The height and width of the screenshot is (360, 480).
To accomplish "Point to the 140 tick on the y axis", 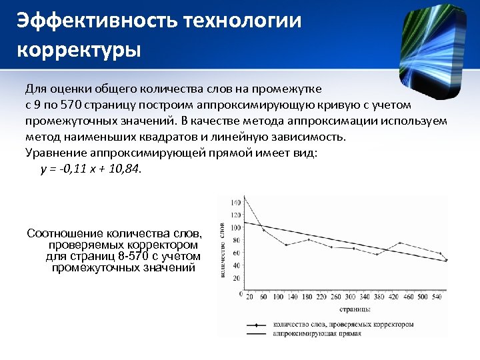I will (236, 202).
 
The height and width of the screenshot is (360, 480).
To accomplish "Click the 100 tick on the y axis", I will (236, 227).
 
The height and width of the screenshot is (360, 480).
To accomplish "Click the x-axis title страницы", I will (353, 309).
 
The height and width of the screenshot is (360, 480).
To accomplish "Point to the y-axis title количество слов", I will (222, 249).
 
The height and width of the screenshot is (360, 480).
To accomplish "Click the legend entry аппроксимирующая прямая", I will (317, 333).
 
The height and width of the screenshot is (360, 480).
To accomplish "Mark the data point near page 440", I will (400, 243).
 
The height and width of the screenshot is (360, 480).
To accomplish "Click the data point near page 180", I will (309, 239).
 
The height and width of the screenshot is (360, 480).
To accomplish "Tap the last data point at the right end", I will (446, 260).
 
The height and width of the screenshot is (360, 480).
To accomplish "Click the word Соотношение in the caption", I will (65, 233).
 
